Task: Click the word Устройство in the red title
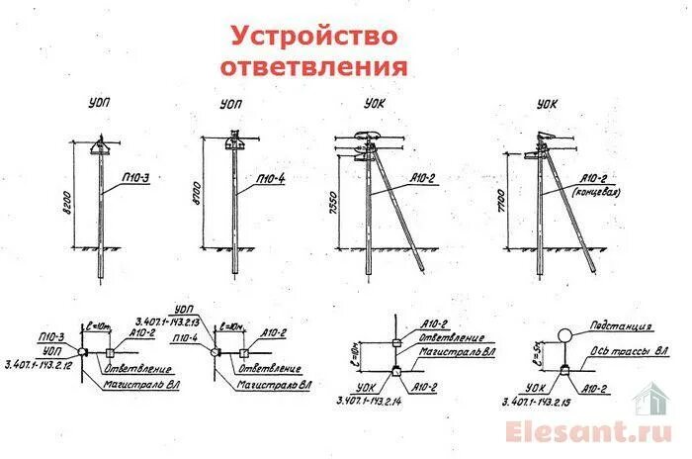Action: [x=314, y=37]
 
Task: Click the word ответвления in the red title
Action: [x=314, y=67]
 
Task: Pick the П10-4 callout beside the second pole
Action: [x=270, y=178]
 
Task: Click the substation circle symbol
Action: [x=566, y=335]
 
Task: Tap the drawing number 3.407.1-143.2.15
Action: [x=543, y=403]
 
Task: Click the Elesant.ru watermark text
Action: [x=591, y=432]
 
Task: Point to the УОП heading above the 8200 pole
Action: [x=97, y=102]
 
